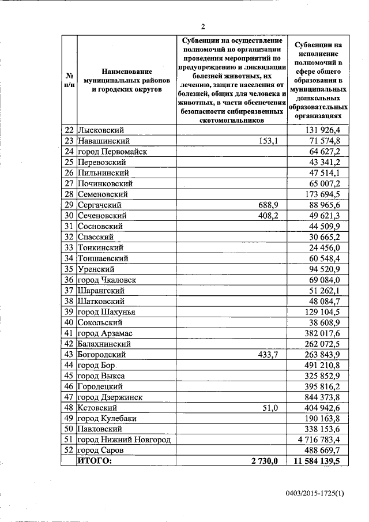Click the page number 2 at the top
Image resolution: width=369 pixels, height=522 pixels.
(203, 26)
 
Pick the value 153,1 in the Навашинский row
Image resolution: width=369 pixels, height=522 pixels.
(268, 141)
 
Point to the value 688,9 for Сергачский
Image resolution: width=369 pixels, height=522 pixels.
(268, 205)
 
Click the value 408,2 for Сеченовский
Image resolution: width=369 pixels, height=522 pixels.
(268, 216)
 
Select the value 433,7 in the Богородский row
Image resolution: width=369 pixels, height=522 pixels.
(268, 355)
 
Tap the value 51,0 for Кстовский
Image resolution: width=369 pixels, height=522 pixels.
(270, 408)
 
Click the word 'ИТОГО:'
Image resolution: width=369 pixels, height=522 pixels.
(96, 461)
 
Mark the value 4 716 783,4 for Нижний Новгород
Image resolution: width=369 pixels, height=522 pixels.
(323, 440)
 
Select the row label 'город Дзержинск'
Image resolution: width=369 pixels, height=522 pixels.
(112, 397)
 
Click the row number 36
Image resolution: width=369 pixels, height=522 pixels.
(69, 280)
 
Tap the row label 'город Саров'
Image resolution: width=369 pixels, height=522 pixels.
(101, 450)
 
